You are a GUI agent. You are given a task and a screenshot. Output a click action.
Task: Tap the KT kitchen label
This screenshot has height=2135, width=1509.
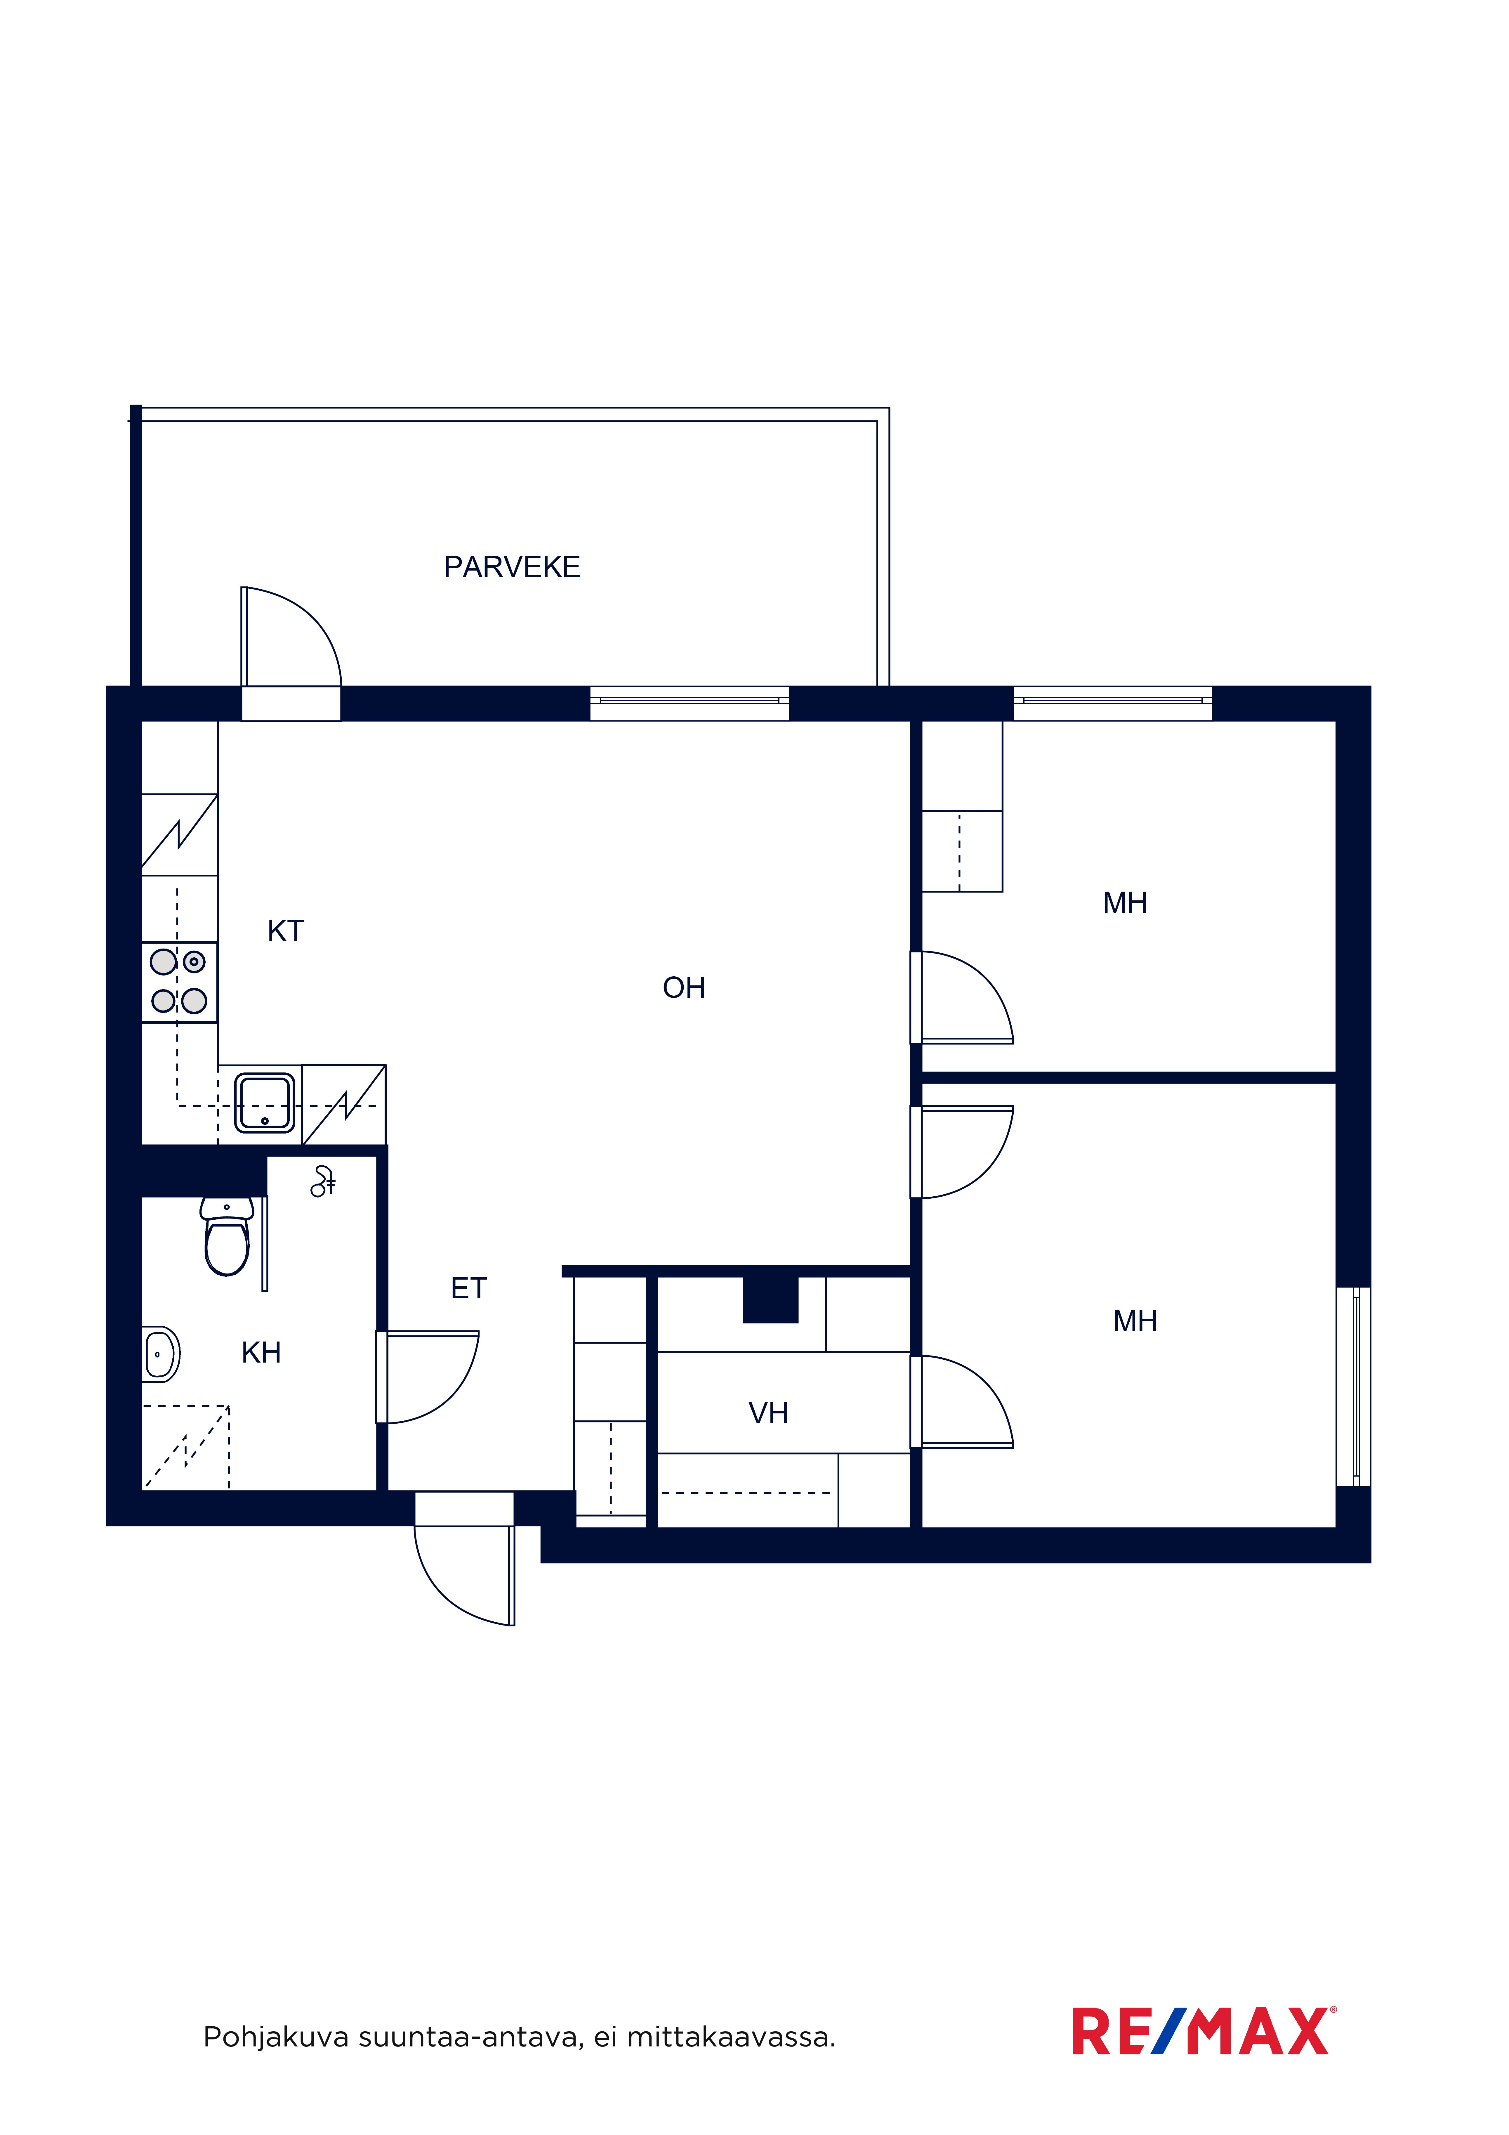point(285,931)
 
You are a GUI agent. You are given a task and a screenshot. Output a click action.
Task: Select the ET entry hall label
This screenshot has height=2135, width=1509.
point(469,1288)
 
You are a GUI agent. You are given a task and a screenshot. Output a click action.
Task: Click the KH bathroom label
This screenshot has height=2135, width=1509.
point(261,1352)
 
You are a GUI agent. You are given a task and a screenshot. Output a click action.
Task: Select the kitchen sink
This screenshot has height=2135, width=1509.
point(265,1103)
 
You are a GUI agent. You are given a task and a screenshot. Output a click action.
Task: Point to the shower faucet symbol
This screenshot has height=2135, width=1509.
point(323,1181)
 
